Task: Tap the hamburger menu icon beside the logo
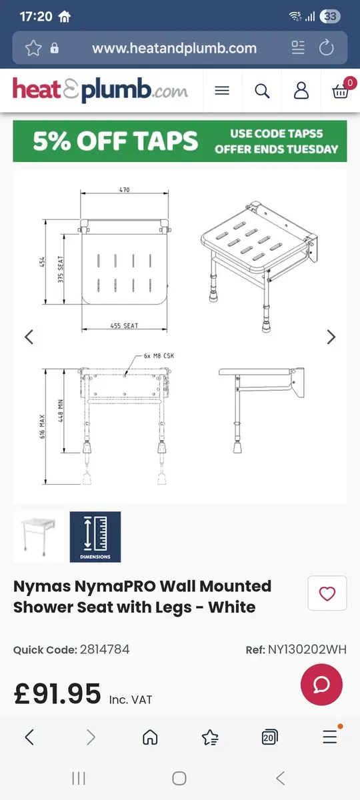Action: (222, 91)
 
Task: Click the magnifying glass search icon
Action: (262, 91)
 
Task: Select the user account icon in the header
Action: (301, 91)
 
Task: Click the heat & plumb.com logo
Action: (100, 91)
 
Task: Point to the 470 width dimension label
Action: (125, 190)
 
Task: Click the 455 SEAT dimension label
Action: (125, 326)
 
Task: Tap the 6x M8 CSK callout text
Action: (159, 356)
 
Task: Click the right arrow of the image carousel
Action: (331, 337)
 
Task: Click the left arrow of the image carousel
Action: (29, 337)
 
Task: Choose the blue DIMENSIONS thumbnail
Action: (95, 537)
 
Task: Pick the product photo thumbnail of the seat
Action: (39, 537)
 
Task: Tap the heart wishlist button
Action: (327, 593)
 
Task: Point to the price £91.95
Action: (57, 694)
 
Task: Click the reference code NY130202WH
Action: (307, 649)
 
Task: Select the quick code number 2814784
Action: (105, 649)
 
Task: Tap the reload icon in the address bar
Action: (326, 47)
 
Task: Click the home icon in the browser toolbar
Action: (150, 737)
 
